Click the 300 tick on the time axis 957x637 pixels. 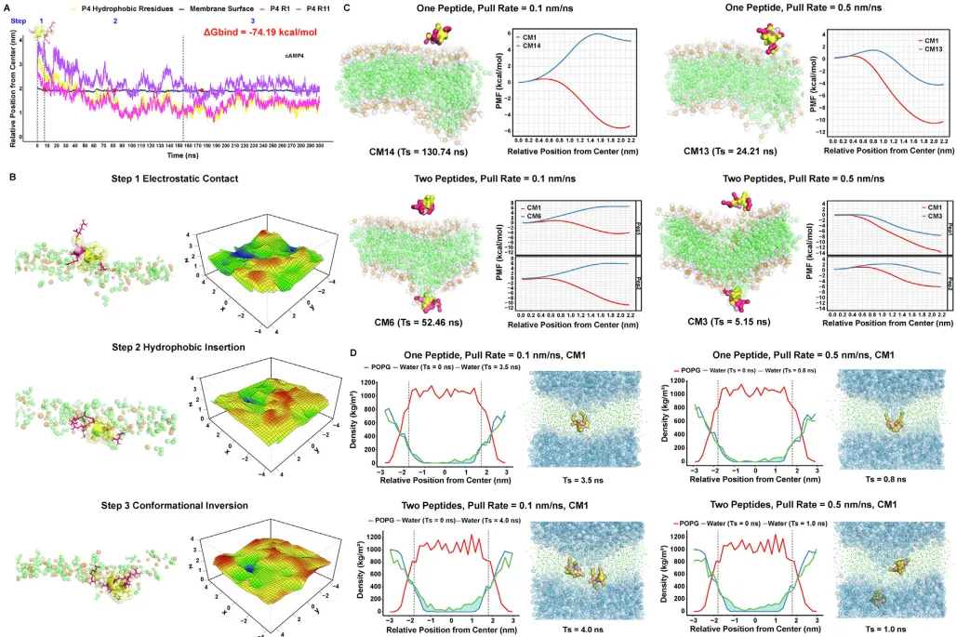(x=320, y=147)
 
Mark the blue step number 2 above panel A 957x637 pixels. (x=115, y=20)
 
